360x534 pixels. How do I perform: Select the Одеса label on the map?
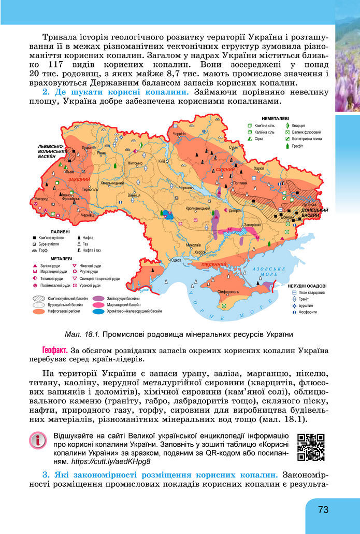click(x=177, y=260)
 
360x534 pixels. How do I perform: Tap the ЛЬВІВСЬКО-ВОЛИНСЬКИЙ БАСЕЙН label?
click(x=51, y=151)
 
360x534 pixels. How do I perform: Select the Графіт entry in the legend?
click(x=298, y=146)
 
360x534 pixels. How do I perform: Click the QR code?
click(x=311, y=447)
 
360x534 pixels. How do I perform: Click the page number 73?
click(x=323, y=510)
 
